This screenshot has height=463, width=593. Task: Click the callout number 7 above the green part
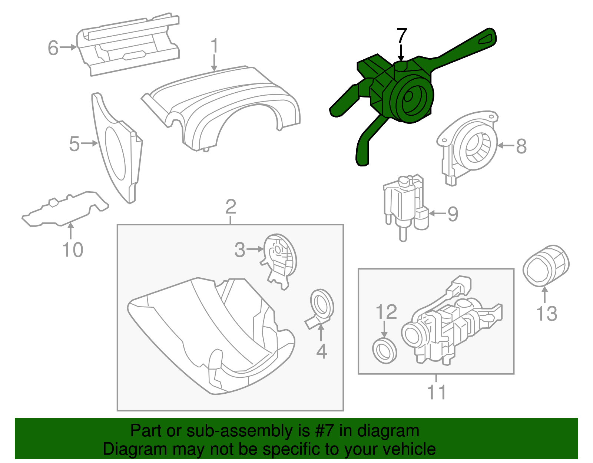401,36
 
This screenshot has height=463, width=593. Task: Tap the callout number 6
53,48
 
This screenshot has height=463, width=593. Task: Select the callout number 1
214,46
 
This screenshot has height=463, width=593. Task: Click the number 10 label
73,249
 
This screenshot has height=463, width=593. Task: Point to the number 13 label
547,313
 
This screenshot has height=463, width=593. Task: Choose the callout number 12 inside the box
386,312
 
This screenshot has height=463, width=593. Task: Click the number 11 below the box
436,392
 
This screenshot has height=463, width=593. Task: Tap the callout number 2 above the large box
231,206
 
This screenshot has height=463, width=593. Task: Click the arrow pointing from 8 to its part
504,146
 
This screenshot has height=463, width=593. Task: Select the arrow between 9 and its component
437,214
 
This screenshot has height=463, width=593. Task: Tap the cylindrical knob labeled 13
545,265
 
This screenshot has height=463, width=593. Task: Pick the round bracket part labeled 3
279,260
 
